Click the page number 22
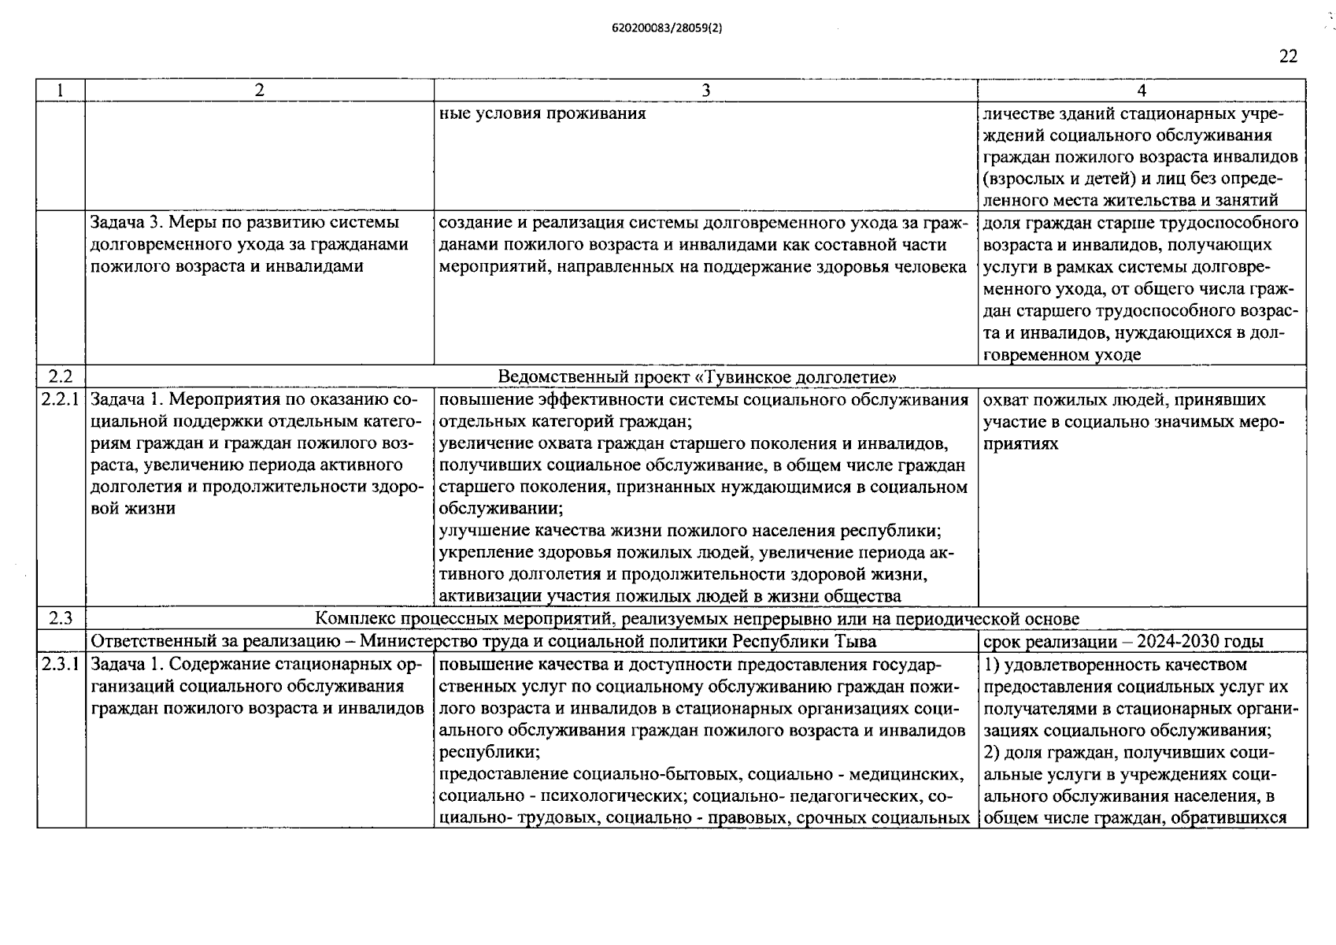(1288, 57)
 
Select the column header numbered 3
(705, 91)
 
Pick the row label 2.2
(61, 376)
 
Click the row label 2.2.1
(61, 400)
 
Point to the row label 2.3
(61, 619)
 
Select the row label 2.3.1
(61, 665)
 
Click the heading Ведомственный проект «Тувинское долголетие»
(697, 376)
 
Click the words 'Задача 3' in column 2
(126, 223)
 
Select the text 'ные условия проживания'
(542, 113)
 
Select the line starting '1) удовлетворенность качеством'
(1116, 665)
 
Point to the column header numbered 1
(61, 91)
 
